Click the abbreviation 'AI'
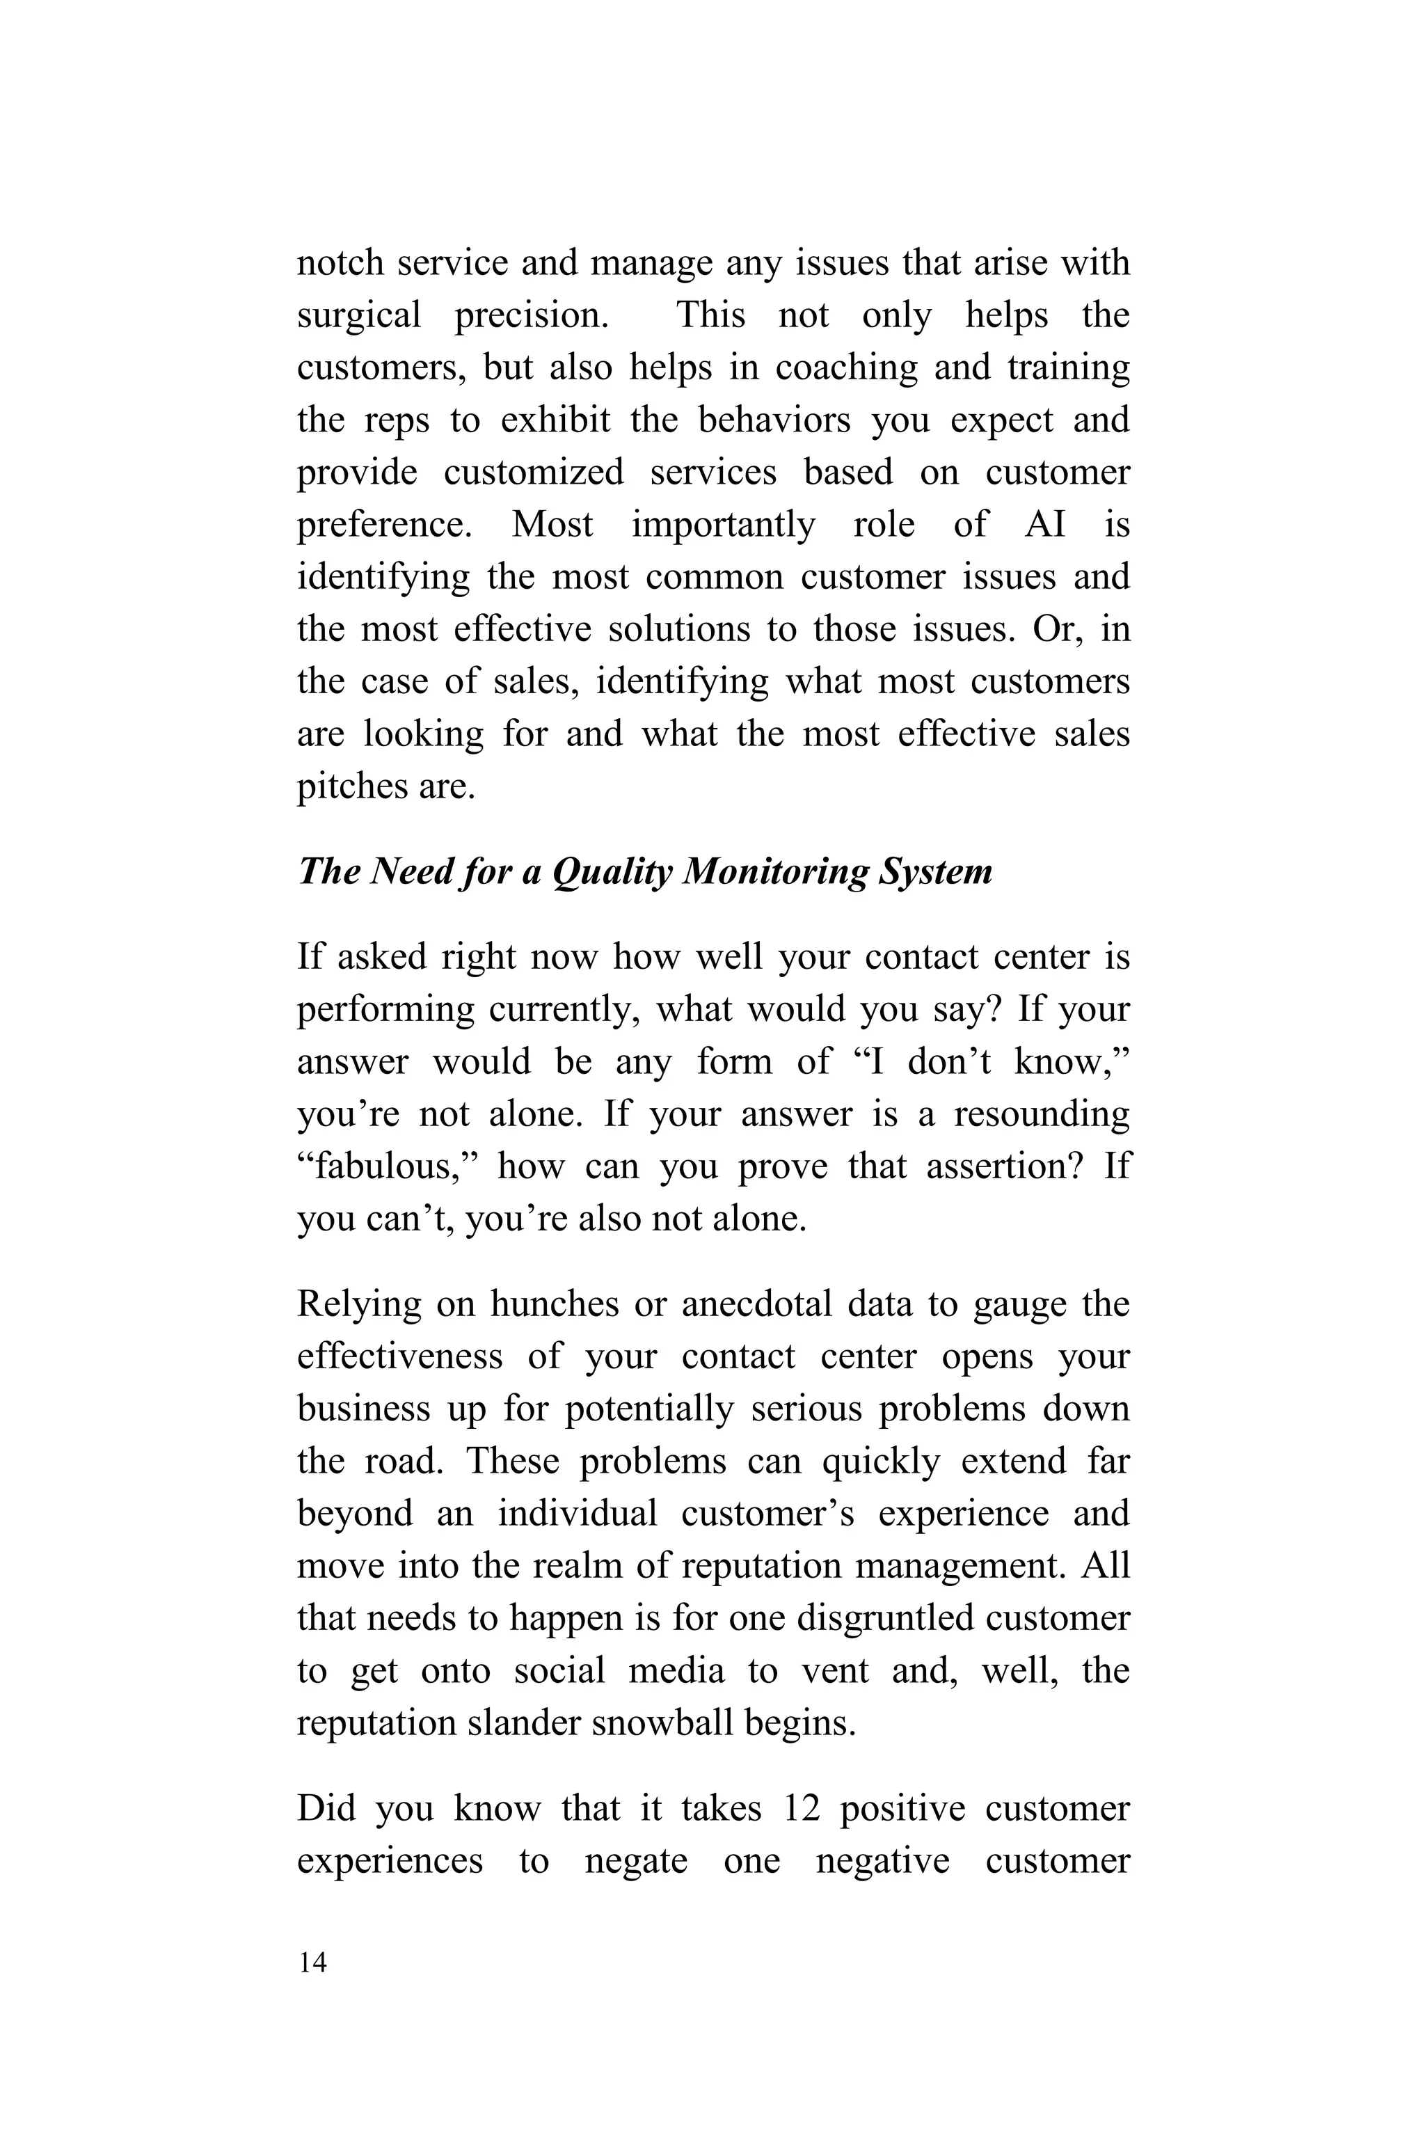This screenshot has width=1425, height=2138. [x=1044, y=525]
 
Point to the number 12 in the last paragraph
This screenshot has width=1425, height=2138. [x=802, y=1809]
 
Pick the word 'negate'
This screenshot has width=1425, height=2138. [x=636, y=1862]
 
